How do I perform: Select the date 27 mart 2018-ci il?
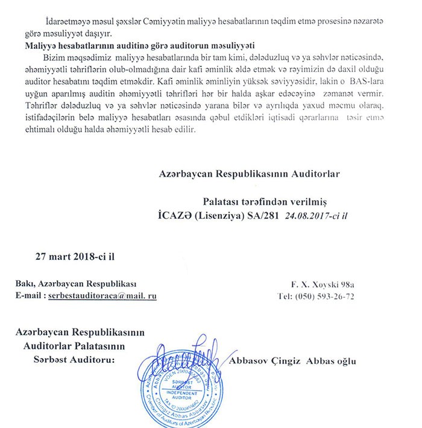75,255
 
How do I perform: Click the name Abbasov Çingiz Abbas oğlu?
293,361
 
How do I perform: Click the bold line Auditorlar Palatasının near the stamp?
73,345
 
